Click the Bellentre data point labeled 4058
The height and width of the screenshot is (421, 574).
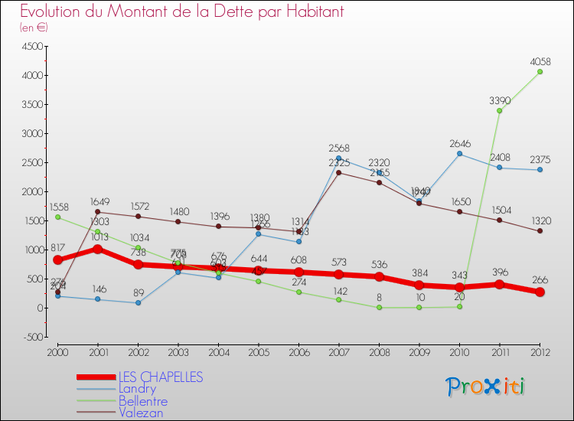click(x=540, y=72)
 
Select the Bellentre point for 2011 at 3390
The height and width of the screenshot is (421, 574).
click(x=499, y=110)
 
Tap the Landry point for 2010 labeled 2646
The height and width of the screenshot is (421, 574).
click(x=459, y=154)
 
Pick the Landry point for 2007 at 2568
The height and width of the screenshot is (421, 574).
click(x=338, y=158)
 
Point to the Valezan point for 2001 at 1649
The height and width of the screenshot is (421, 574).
click(x=98, y=212)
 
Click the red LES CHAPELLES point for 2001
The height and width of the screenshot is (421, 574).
click(x=98, y=249)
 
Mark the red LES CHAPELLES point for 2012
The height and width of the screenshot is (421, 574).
click(x=540, y=292)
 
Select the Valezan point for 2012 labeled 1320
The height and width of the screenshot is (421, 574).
click(x=540, y=231)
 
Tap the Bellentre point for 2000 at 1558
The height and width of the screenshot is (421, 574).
click(x=57, y=217)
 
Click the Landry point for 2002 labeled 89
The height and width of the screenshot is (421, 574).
click(x=138, y=302)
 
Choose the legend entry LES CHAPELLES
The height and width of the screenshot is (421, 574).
click(x=160, y=377)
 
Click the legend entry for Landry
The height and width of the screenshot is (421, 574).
click(x=139, y=389)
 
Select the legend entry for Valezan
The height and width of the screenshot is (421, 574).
click(x=141, y=413)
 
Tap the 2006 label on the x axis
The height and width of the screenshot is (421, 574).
click(x=298, y=351)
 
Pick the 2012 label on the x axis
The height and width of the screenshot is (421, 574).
click(x=540, y=351)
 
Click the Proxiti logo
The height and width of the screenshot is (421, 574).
click(x=485, y=387)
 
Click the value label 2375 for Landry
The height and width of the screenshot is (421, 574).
click(x=540, y=160)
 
